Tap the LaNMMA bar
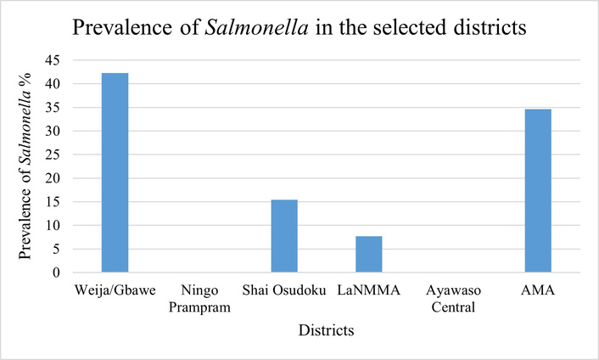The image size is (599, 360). click(369, 254)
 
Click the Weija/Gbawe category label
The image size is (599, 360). click(115, 290)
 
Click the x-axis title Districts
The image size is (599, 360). click(326, 329)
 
